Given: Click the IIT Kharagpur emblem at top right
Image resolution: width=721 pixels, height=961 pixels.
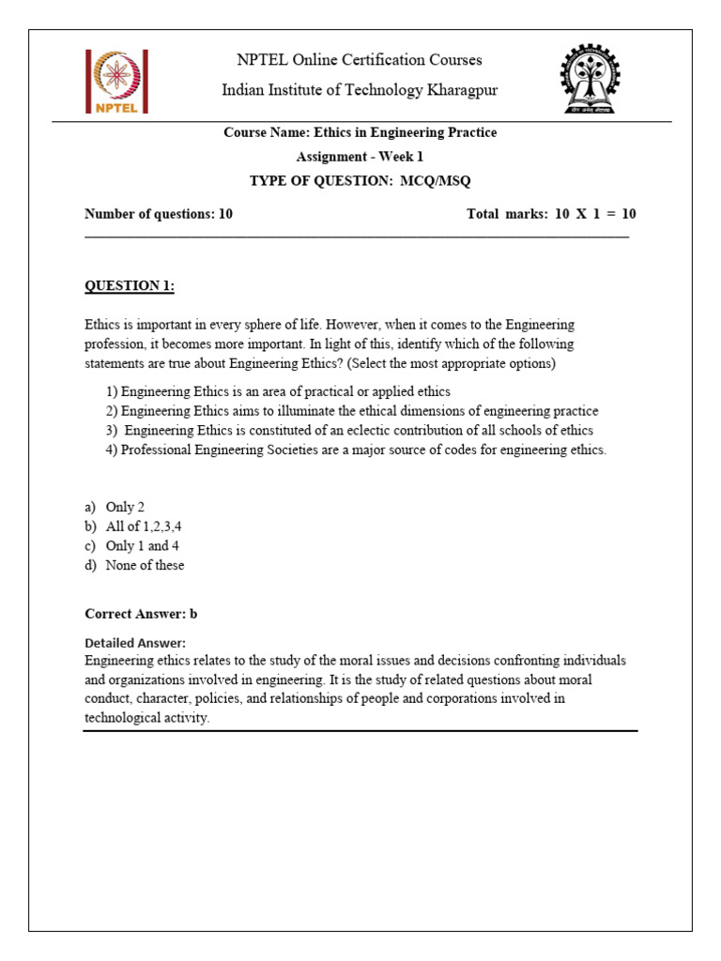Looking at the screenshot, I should click(x=597, y=79).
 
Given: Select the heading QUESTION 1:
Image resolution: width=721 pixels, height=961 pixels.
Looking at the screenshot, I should click(x=130, y=285).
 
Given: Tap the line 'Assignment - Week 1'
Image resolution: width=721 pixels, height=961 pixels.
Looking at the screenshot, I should click(x=360, y=157).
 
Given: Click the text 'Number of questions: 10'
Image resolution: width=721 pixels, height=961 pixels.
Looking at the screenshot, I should click(x=159, y=214).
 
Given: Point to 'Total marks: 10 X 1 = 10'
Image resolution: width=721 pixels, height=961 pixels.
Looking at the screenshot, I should click(x=551, y=214).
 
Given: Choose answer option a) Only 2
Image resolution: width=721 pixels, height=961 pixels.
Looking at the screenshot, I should click(x=115, y=507).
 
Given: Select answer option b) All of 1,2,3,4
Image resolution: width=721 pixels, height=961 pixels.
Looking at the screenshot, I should click(x=133, y=526).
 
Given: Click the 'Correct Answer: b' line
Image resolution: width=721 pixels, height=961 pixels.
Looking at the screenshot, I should click(x=141, y=615).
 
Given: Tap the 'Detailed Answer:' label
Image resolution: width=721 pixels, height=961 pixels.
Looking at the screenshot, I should click(x=135, y=643).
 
